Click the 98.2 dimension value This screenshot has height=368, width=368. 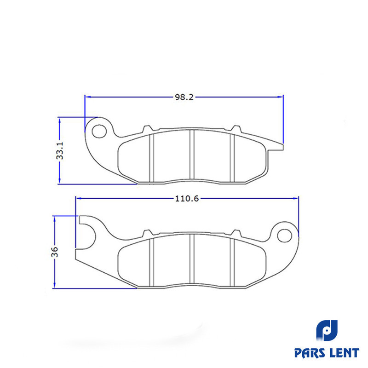184,97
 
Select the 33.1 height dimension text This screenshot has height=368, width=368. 60,151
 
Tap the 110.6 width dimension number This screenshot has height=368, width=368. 187,199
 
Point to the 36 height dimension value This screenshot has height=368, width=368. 54,252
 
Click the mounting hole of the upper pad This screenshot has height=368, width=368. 99,131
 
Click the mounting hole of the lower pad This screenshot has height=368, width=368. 284,236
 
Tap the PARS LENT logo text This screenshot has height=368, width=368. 327,353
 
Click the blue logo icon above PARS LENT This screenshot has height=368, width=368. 327,330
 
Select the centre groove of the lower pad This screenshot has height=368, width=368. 192,259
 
